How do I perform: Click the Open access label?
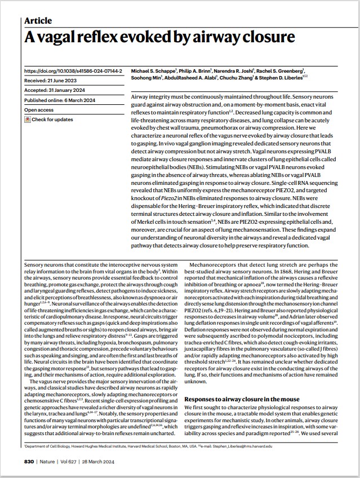39,110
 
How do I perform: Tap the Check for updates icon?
28,119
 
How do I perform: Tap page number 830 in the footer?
30,461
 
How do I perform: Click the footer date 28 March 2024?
110,461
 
